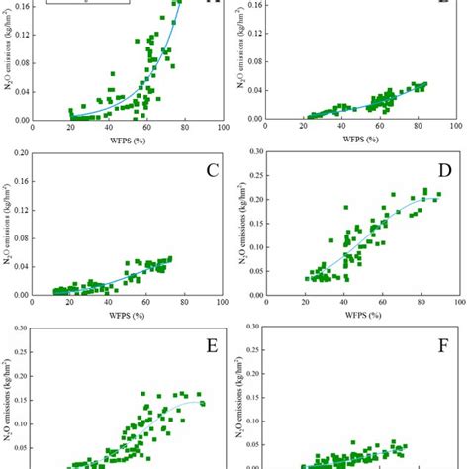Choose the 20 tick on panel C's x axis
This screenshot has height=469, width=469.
[x=70, y=304]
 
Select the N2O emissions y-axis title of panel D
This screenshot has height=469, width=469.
[x=239, y=225]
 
